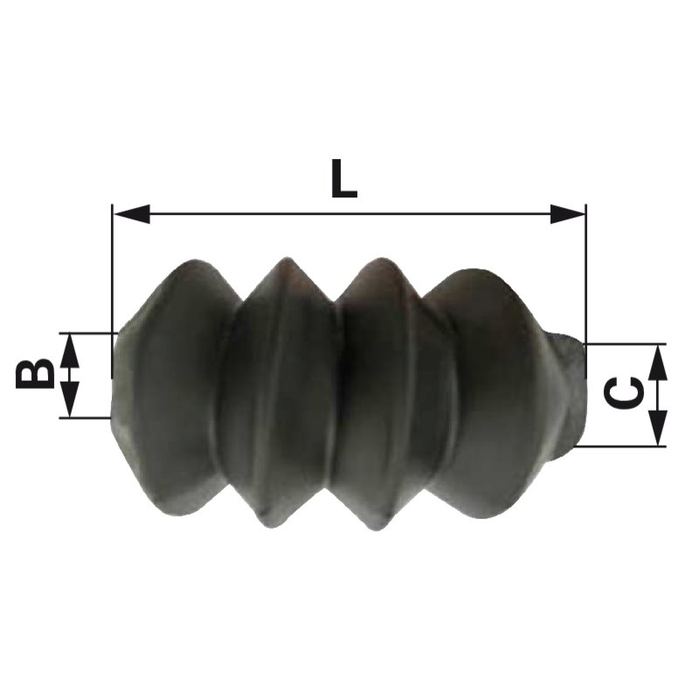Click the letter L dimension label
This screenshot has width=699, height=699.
click(343, 178)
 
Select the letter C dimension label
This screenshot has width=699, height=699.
click(623, 392)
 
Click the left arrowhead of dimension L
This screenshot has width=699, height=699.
click(132, 214)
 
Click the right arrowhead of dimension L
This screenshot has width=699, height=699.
click(567, 214)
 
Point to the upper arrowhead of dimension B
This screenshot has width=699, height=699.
click(69, 351)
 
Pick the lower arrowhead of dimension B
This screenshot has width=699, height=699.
click(69, 399)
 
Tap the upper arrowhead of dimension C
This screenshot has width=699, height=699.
click(658, 363)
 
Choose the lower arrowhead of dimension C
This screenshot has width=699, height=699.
click(658, 427)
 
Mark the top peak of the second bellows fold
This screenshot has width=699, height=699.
click(287, 258)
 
